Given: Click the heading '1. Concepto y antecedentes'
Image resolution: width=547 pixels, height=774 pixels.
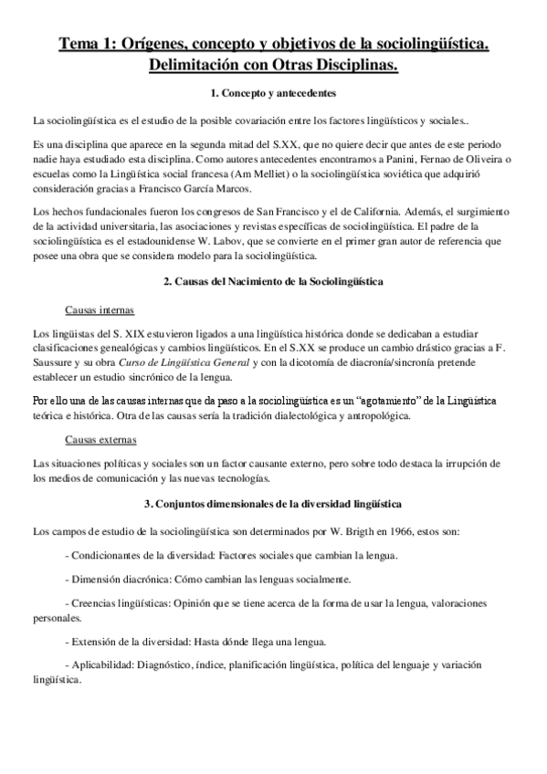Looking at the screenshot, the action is coord(273,93).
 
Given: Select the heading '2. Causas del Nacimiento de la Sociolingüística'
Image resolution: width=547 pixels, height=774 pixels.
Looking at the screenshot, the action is coord(273,283).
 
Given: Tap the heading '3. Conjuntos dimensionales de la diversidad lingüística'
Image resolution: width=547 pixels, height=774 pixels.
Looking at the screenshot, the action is coord(273,504).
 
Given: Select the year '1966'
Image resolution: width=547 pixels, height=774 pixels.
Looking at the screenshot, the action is coord(388,530).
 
